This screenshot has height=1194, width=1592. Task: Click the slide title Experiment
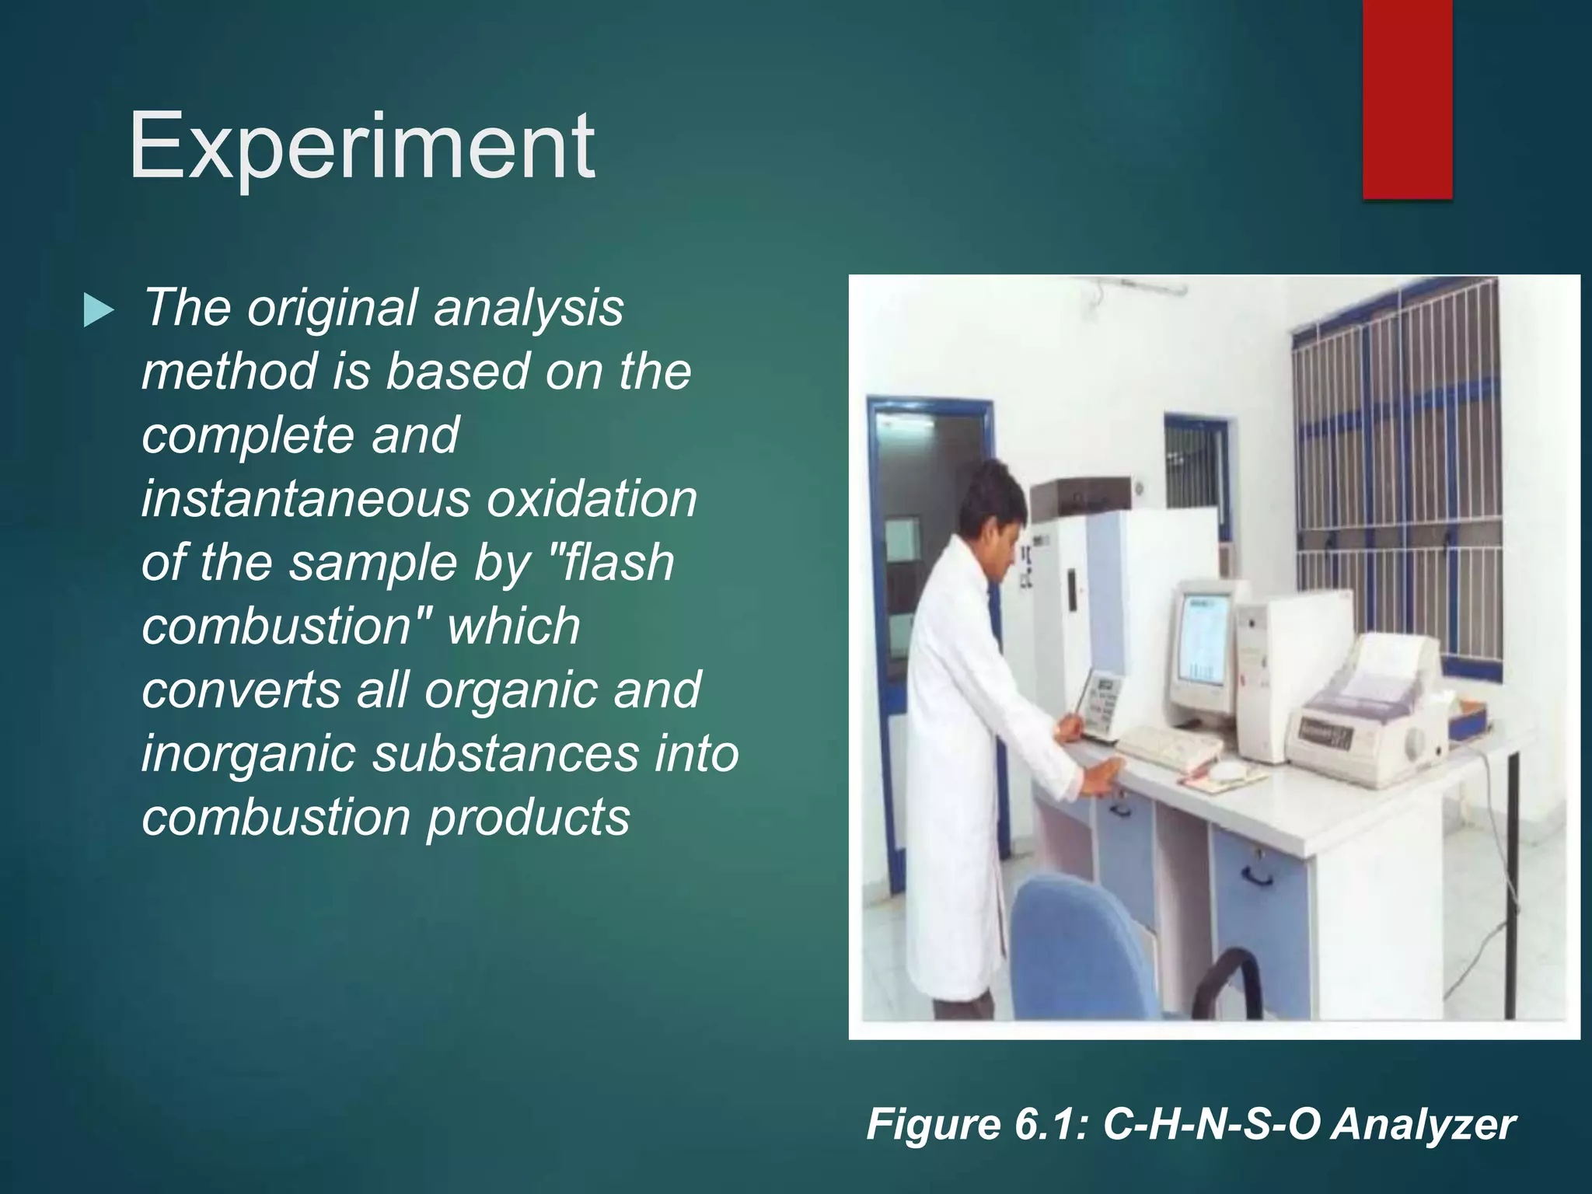click(362, 146)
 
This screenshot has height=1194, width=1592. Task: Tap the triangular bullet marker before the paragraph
click(98, 311)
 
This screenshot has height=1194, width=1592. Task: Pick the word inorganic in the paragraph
click(248, 753)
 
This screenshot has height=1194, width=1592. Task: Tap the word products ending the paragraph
click(528, 817)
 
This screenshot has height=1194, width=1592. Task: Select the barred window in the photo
click(1399, 466)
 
